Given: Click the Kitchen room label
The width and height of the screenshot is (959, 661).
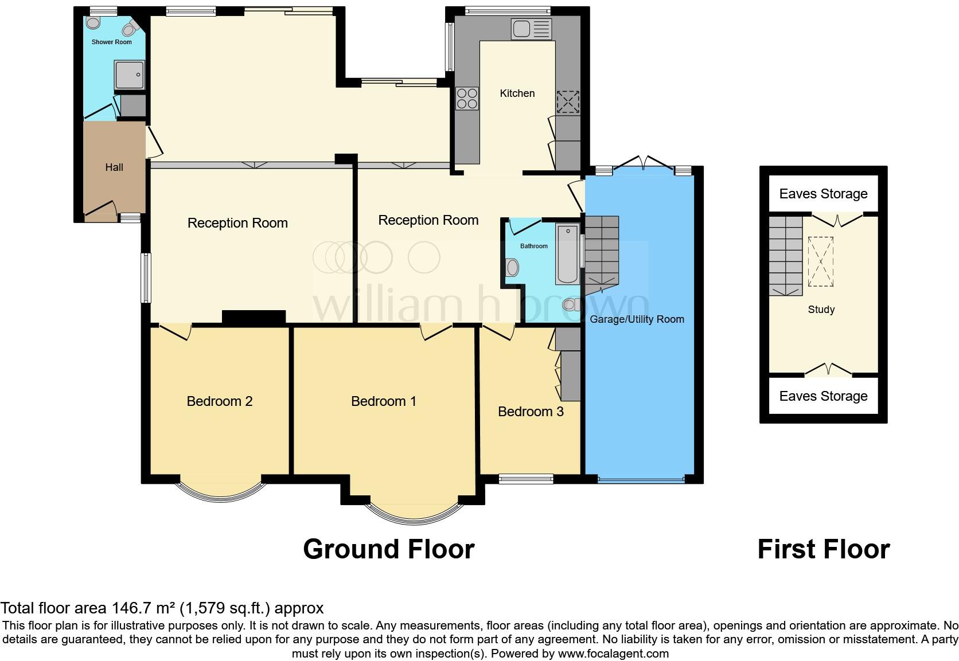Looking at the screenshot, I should point(517,93).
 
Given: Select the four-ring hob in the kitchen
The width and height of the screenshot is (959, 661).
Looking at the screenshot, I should point(467,98).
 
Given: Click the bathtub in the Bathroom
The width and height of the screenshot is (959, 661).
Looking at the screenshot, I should point(567,255).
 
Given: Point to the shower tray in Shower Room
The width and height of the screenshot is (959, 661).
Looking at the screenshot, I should point(130,75).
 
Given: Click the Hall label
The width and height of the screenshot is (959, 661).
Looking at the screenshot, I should point(114,167).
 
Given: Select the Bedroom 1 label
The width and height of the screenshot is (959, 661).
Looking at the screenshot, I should point(383,401).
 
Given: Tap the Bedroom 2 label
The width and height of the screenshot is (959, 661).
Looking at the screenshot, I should point(219,401).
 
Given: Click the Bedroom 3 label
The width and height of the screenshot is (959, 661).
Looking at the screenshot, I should point(531,412).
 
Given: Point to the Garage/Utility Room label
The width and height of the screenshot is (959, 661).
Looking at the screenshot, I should point(637,319).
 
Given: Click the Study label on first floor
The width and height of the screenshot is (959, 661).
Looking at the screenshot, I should point(821,310).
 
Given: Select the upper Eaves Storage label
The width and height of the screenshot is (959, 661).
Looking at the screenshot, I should point(823,194).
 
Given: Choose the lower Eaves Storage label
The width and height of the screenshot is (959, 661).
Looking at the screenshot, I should point(823,396).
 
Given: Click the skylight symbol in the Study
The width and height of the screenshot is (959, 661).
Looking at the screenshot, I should point(821,261).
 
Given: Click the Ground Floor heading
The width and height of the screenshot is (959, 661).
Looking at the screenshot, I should point(388,549).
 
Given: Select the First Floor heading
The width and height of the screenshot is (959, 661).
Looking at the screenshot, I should point(823,549).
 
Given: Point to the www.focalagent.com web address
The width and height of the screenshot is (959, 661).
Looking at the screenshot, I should point(613,654).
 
